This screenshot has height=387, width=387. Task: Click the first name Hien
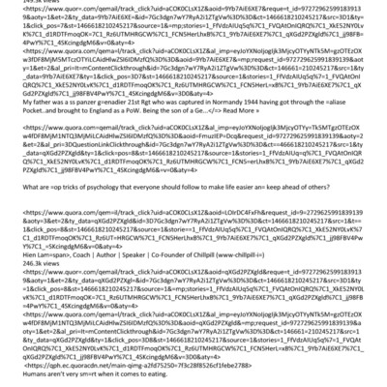(10, 258)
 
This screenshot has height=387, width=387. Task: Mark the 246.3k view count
(21, 268)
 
